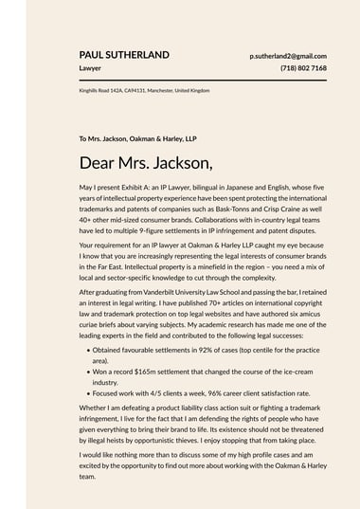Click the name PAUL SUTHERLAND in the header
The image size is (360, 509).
[x=124, y=55]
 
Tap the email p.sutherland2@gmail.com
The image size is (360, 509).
[x=288, y=56]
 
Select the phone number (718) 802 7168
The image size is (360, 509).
[x=303, y=68]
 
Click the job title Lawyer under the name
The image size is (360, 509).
[x=90, y=68]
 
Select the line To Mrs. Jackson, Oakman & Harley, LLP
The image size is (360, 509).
[x=137, y=138]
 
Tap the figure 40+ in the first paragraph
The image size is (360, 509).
[x=87, y=218]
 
